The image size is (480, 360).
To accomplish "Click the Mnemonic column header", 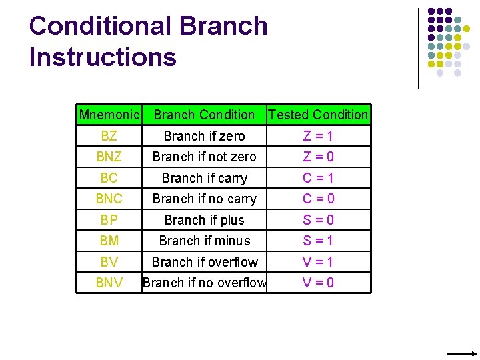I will pyautogui.click(x=109, y=115).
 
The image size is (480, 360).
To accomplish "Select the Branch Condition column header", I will pyautogui.click(x=204, y=115).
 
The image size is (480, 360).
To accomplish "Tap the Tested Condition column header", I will pyautogui.click(x=318, y=115).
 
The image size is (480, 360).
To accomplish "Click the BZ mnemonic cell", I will pyautogui.click(x=109, y=136).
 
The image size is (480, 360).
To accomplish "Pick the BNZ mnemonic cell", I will pyautogui.click(x=109, y=157).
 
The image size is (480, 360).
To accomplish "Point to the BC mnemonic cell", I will pyautogui.click(x=109, y=178).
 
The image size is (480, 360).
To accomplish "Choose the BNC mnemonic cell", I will pyautogui.click(x=109, y=199).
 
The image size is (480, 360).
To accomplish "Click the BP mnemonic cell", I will pyautogui.click(x=109, y=220).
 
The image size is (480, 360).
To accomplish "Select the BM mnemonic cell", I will pyautogui.click(x=109, y=241).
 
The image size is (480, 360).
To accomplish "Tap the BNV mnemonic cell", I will pyautogui.click(x=109, y=283).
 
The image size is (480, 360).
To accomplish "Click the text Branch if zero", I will pyautogui.click(x=204, y=136).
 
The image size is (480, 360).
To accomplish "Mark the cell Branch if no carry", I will pyautogui.click(x=204, y=199).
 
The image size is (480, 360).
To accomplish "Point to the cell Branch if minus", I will pyautogui.click(x=204, y=241).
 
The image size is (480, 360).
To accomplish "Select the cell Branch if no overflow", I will pyautogui.click(x=204, y=283).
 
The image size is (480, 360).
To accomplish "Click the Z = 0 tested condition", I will pyautogui.click(x=318, y=157).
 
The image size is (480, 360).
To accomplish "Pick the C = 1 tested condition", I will pyautogui.click(x=318, y=178).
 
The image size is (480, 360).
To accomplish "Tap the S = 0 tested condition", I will pyautogui.click(x=318, y=220).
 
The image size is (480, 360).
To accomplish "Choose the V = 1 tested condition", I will pyautogui.click(x=318, y=262).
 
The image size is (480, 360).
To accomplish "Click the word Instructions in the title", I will pyautogui.click(x=103, y=57).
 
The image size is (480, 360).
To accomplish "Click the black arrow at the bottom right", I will pyautogui.click(x=461, y=353).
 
